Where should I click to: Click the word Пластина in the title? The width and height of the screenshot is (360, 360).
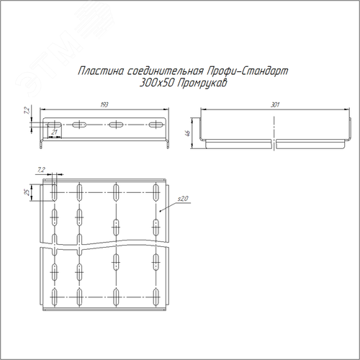(101, 71)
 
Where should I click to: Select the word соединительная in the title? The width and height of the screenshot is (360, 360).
(166, 71)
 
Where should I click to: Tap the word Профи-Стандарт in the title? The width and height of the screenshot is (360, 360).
(247, 71)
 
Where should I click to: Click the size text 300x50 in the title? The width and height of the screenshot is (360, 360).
(157, 84)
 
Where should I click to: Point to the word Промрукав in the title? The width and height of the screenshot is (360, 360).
(202, 84)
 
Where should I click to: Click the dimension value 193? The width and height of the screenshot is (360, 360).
(104, 105)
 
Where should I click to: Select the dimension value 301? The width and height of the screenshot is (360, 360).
(275, 105)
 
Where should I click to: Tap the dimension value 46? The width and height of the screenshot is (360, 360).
(188, 133)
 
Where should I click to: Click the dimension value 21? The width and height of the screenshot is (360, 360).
(55, 132)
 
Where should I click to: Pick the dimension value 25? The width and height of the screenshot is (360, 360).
(27, 192)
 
